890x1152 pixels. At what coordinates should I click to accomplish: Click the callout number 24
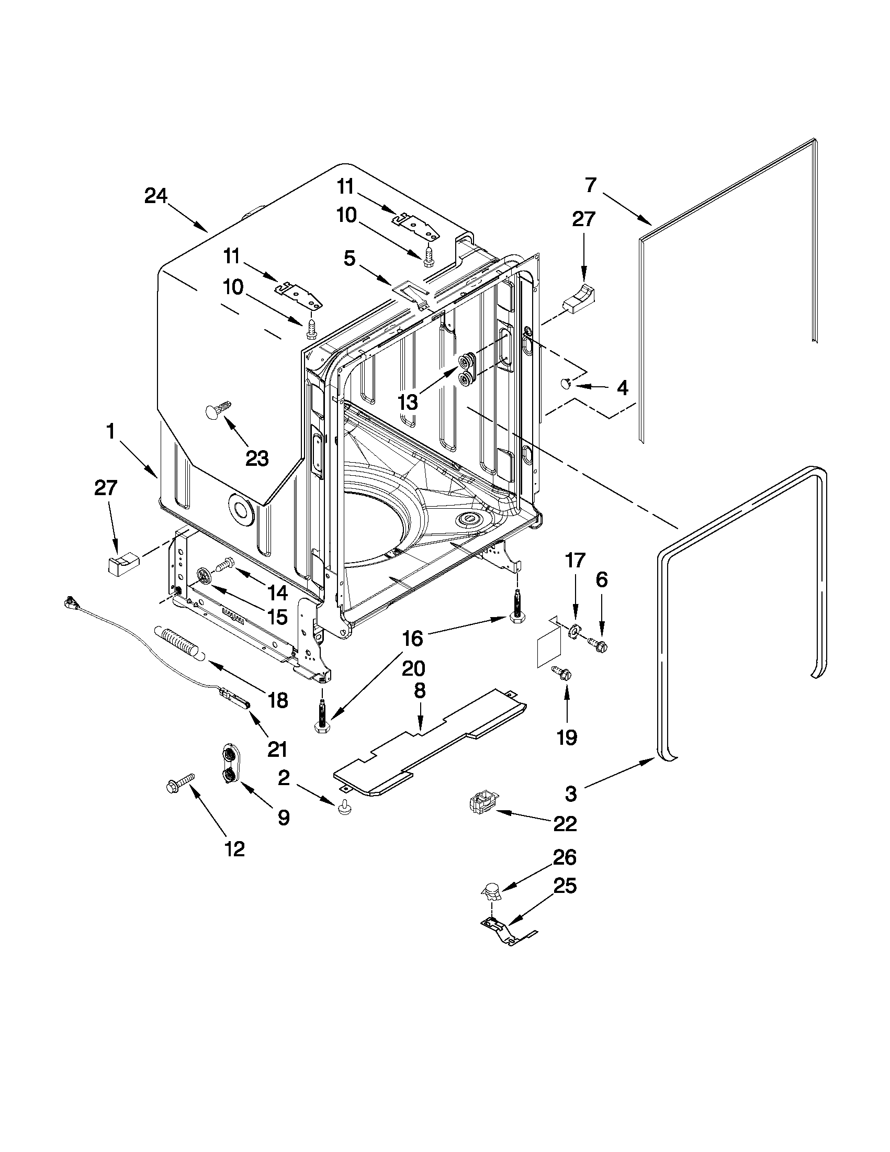coord(155,196)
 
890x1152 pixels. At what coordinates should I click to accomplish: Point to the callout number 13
coord(408,402)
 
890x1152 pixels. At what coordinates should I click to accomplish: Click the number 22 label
coord(565,823)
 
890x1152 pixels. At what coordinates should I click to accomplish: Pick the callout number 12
coord(234,849)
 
